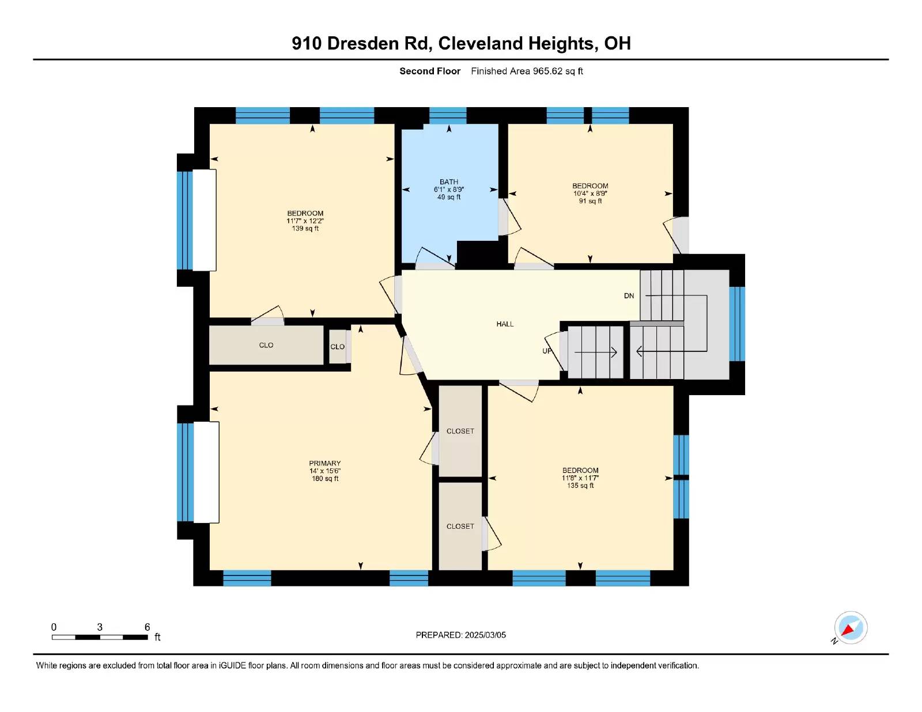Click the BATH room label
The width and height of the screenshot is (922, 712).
(x=448, y=181)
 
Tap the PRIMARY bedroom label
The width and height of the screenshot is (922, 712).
(x=324, y=463)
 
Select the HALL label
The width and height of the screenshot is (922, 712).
(x=505, y=324)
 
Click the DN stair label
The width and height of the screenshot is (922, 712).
(x=629, y=296)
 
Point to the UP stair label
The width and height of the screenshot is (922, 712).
(x=547, y=351)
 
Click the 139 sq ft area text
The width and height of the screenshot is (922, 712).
(x=305, y=229)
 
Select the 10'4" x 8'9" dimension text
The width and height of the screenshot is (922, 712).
(x=590, y=194)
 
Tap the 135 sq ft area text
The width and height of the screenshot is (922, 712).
(x=580, y=486)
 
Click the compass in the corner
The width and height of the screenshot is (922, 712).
(x=851, y=628)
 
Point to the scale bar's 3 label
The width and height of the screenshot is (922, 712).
(x=100, y=627)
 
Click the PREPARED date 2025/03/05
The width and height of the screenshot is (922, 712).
(x=485, y=635)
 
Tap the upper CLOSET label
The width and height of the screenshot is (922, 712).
(x=460, y=431)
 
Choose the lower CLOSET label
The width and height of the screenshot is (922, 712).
(x=460, y=527)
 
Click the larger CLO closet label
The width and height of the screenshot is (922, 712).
(x=266, y=345)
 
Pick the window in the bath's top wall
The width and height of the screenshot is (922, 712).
(x=448, y=115)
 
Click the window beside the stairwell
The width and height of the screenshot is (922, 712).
(x=737, y=324)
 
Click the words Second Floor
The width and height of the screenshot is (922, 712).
(x=430, y=71)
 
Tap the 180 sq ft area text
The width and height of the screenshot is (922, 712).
(x=325, y=479)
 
